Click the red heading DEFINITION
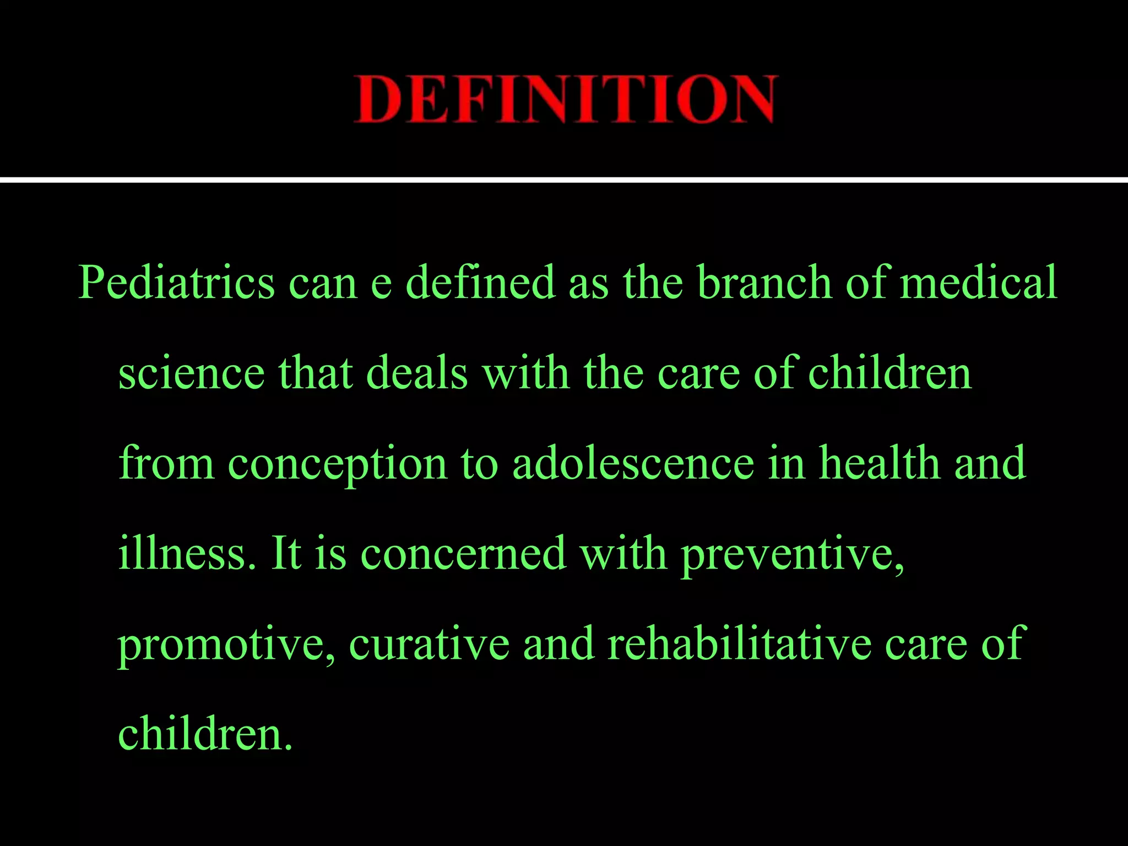[x=565, y=99]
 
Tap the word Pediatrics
[x=176, y=282]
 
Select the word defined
[x=480, y=282]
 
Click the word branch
[x=764, y=282]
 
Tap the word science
[x=192, y=373]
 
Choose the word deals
[x=417, y=373]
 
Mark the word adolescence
[x=633, y=463]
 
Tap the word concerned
[x=463, y=554]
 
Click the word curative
[x=429, y=644]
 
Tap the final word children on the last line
[x=204, y=734]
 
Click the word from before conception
[x=166, y=463]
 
